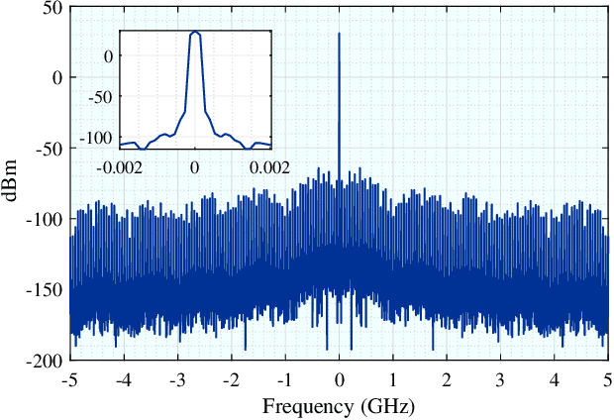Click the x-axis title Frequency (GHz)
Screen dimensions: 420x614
click(x=338, y=406)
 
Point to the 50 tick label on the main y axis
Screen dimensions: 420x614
click(x=51, y=7)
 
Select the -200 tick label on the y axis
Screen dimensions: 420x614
click(x=46, y=362)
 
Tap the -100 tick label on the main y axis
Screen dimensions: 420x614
click(x=46, y=219)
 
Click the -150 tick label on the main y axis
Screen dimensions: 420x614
click(x=46, y=290)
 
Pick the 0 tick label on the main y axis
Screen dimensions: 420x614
click(x=56, y=77)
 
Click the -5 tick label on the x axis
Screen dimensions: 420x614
click(x=69, y=380)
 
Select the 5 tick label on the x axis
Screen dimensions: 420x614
click(x=608, y=380)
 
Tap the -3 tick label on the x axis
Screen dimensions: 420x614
click(x=177, y=380)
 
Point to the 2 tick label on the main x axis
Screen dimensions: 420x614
click(x=447, y=380)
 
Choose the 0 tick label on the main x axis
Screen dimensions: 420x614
click(x=339, y=380)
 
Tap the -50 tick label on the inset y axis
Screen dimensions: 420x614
click(x=99, y=97)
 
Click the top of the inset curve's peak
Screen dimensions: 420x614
click(x=195, y=32)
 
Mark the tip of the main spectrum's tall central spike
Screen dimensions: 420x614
click(x=339, y=33)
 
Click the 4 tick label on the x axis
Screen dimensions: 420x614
click(x=555, y=380)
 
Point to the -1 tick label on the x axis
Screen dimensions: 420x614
click(x=285, y=380)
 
